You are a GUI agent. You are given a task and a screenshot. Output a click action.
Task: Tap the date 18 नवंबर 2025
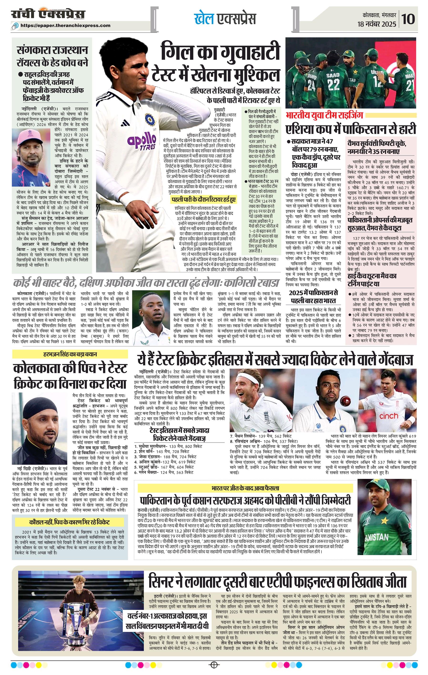(377, 24)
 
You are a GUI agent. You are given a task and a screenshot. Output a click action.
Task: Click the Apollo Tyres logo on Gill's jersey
(142, 142)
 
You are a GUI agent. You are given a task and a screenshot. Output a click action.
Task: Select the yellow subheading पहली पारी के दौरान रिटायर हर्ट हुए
(204, 199)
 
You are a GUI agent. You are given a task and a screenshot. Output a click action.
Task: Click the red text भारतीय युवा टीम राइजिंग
(324, 115)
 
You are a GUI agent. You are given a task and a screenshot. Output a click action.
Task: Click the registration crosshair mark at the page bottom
(214, 664)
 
